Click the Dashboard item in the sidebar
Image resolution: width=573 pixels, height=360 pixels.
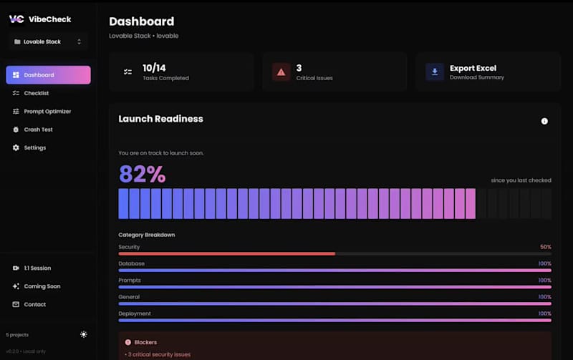click(48, 75)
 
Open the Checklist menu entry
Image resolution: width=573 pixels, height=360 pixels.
click(36, 93)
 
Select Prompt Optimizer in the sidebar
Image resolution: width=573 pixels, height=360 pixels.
click(47, 112)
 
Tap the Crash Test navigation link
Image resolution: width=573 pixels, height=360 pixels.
click(38, 130)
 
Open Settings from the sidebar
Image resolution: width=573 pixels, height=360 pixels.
click(34, 148)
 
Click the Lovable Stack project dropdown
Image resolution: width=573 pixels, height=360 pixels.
click(48, 42)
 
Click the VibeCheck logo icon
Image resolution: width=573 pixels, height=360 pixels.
click(16, 19)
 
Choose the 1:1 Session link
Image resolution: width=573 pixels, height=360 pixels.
click(37, 268)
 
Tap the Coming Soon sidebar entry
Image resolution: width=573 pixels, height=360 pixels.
click(42, 286)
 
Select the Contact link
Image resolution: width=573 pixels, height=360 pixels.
click(34, 304)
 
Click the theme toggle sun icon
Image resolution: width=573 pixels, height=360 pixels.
click(84, 334)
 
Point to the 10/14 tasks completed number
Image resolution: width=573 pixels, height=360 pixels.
click(154, 68)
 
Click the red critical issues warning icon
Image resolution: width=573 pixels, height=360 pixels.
click(281, 72)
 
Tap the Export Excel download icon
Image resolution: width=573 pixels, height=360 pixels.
click(434, 72)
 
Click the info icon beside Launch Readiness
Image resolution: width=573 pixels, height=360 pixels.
click(544, 121)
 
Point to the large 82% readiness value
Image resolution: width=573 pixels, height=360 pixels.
click(142, 174)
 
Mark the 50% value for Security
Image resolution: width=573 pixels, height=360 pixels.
click(545, 247)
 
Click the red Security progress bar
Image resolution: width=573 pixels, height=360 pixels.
click(226, 253)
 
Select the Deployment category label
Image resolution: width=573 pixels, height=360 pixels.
click(135, 313)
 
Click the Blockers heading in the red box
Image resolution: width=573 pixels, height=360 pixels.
click(145, 342)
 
